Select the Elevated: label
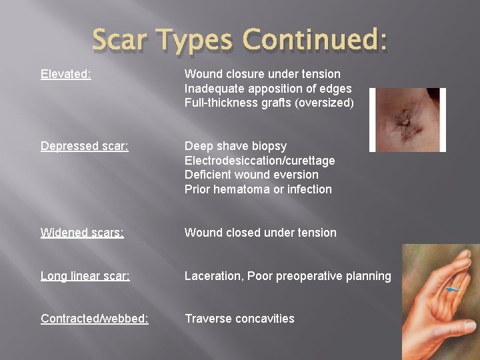pos(66,74)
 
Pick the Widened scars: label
pos(82,233)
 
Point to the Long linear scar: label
pos(85,276)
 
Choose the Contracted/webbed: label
pos(95,319)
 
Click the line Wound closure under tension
pos(262,74)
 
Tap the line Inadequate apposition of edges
pos(268,89)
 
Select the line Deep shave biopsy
pos(235,146)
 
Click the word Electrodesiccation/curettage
pos(259,161)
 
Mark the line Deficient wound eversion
pos(251,175)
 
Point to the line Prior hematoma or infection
pos(258,189)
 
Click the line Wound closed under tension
pos(260,233)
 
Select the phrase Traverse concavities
pos(239,319)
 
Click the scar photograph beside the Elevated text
pos(407,119)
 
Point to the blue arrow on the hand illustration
pos(454,289)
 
